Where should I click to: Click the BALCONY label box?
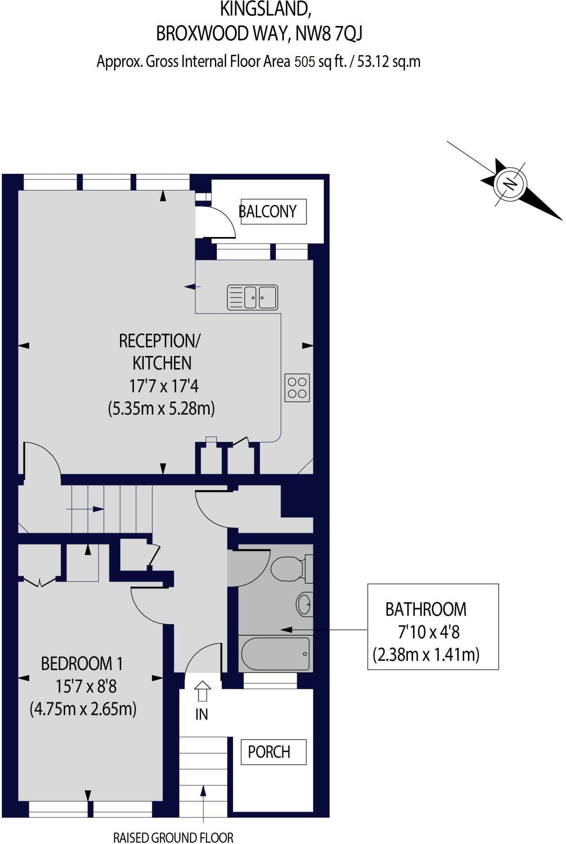tap(273, 211)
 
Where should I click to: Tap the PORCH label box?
tap(273, 752)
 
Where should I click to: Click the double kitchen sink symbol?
tap(253, 297)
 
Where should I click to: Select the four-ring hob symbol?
tap(297, 388)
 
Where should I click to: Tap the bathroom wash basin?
tap(305, 604)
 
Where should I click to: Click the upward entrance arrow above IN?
tap(202, 690)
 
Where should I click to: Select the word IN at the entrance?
tap(201, 714)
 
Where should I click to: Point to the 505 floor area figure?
tap(305, 62)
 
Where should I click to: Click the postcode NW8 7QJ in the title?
tap(329, 34)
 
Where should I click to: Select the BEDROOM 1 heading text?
tap(82, 663)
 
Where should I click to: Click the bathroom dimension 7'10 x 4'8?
tap(428, 632)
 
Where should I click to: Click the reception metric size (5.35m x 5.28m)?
tap(161, 409)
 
